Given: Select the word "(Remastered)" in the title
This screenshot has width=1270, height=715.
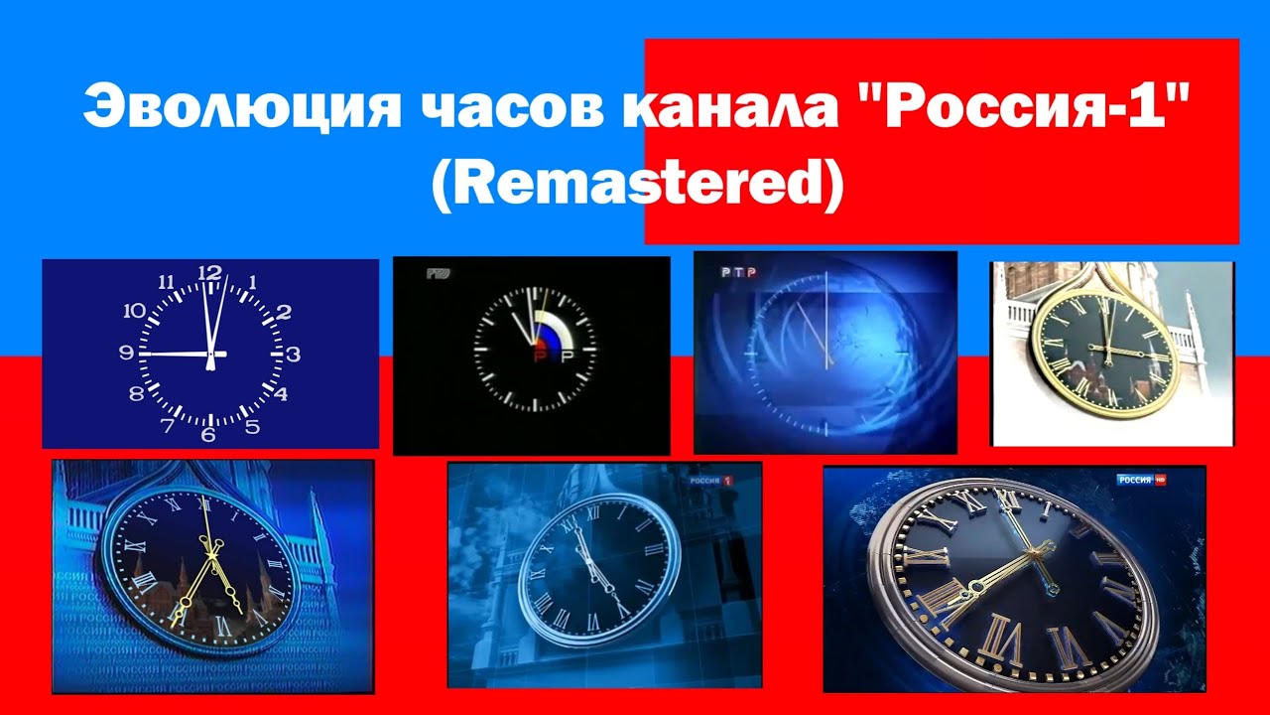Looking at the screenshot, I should tap(636, 186).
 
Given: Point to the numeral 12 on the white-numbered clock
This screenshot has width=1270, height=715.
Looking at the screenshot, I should tap(210, 272).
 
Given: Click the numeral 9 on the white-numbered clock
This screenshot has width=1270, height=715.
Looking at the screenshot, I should tap(126, 353).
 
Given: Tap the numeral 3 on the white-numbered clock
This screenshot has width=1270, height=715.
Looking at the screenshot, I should tap(294, 353).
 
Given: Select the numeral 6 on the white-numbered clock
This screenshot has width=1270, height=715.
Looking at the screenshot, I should tap(208, 433).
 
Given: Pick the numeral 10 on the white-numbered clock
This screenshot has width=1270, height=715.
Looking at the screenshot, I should tap(135, 310).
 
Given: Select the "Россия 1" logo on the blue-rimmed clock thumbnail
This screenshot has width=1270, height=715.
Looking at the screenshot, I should tap(710, 481).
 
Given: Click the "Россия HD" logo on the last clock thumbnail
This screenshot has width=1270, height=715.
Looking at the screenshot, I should tap(1141, 481).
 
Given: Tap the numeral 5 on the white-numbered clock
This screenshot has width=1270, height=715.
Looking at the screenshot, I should tap(252, 428).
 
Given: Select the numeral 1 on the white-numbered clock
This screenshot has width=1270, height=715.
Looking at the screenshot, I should tap(252, 282).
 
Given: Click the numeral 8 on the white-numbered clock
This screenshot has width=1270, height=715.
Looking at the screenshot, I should tap(136, 394).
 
